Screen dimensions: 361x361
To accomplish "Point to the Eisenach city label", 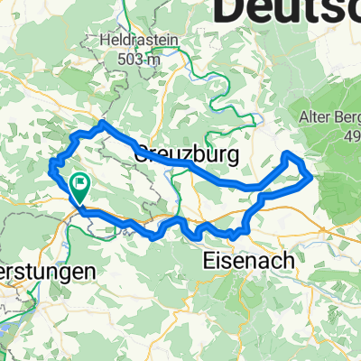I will pos(245,260).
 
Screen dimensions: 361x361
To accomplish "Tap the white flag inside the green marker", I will pos(80,187).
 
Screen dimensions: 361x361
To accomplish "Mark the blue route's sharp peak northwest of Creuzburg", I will pos(105,123).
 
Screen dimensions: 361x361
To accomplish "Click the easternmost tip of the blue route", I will pos(312,176).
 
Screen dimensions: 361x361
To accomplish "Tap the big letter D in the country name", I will pos(233,11).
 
